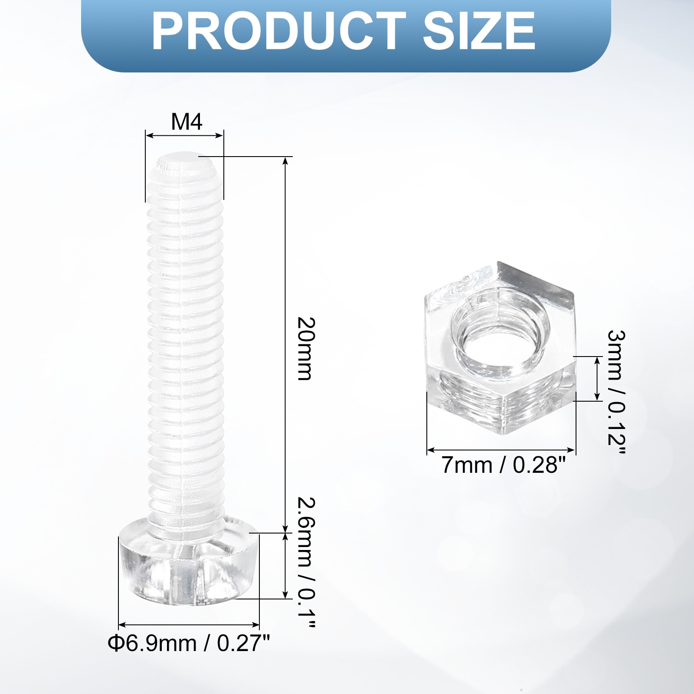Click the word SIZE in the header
(x=479, y=31)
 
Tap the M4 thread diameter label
(x=187, y=122)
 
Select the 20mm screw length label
(x=305, y=349)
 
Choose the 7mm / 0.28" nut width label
(x=504, y=465)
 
